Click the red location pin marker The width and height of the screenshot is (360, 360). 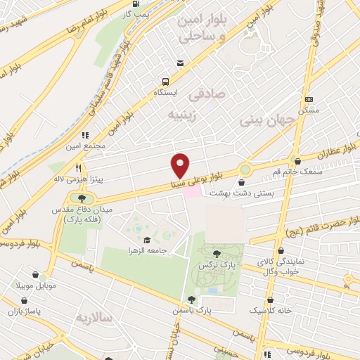tap(181, 165)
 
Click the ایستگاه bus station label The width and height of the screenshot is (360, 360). tap(167, 92)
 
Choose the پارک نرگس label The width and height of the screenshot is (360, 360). tap(216, 266)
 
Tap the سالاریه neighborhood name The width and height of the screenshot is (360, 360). tap(96, 318)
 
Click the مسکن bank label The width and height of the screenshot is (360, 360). tap(308, 110)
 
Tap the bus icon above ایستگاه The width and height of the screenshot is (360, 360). tap(166, 81)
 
